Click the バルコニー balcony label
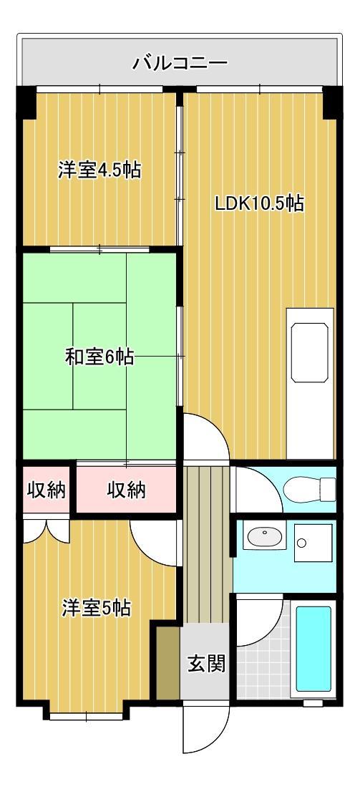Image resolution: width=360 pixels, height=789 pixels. pyautogui.click(x=180, y=64)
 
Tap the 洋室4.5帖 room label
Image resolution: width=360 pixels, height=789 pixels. pyautogui.click(x=99, y=170)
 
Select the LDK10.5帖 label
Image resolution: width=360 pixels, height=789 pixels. pyautogui.click(x=260, y=203)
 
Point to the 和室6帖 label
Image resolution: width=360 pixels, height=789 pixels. pyautogui.click(x=99, y=357)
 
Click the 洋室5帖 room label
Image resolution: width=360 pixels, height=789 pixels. pyautogui.click(x=95, y=608)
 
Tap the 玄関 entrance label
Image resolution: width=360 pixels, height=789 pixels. pyautogui.click(x=206, y=664)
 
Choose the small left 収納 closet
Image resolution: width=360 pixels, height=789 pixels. pyautogui.click(x=47, y=490)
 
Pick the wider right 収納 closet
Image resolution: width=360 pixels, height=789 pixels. pyautogui.click(x=127, y=490)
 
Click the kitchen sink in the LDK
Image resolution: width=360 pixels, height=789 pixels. pyautogui.click(x=309, y=352)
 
